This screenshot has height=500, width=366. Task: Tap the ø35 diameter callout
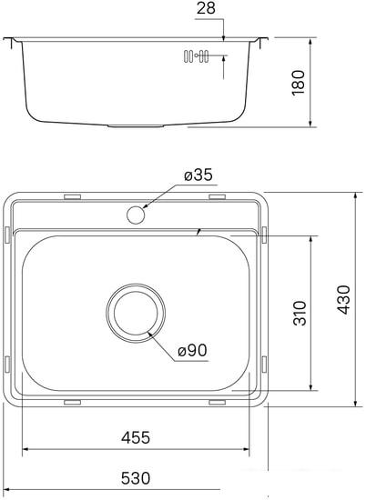pyautogui.click(x=196, y=175)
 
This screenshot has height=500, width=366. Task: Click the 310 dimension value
pyautogui.click(x=300, y=312)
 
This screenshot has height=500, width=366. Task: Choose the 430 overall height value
pyautogui.click(x=341, y=297)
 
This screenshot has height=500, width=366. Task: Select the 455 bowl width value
pyautogui.click(x=135, y=437)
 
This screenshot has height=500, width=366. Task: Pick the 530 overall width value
pyautogui.click(x=135, y=480)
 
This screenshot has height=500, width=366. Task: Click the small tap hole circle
pyautogui.click(x=137, y=215)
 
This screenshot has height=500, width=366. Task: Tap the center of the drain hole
pyautogui.click(x=137, y=313)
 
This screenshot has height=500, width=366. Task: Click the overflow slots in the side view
pyautogui.click(x=196, y=57)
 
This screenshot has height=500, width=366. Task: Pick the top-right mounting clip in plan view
pyautogui.click(x=217, y=196)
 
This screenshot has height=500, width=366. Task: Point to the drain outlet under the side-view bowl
pyautogui.click(x=137, y=125)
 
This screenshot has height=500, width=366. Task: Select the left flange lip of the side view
pyautogui.click(x=10, y=42)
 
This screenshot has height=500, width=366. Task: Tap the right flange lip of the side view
pyautogui.click(x=263, y=42)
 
